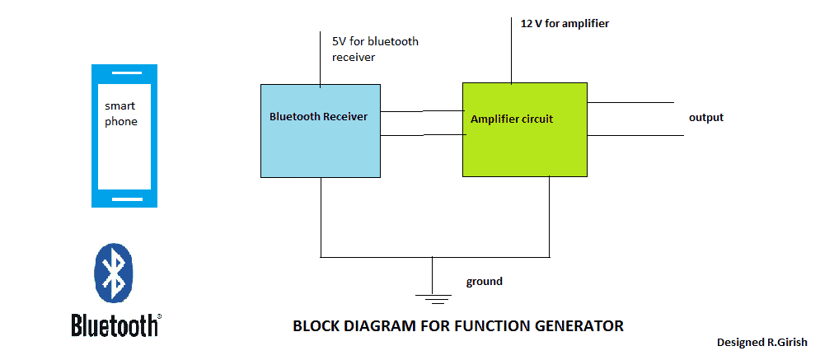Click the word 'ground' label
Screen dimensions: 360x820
click(x=484, y=282)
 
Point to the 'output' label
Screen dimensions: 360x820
click(x=705, y=118)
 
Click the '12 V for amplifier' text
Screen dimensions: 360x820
click(x=565, y=24)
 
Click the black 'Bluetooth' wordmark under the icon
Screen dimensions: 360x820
click(x=115, y=325)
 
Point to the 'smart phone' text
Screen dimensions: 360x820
click(x=120, y=115)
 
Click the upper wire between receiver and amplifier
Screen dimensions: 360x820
click(x=421, y=110)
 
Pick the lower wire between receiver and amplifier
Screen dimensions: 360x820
click(x=421, y=136)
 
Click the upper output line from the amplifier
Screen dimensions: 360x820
click(x=630, y=103)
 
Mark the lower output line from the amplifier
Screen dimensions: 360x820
click(x=635, y=135)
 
